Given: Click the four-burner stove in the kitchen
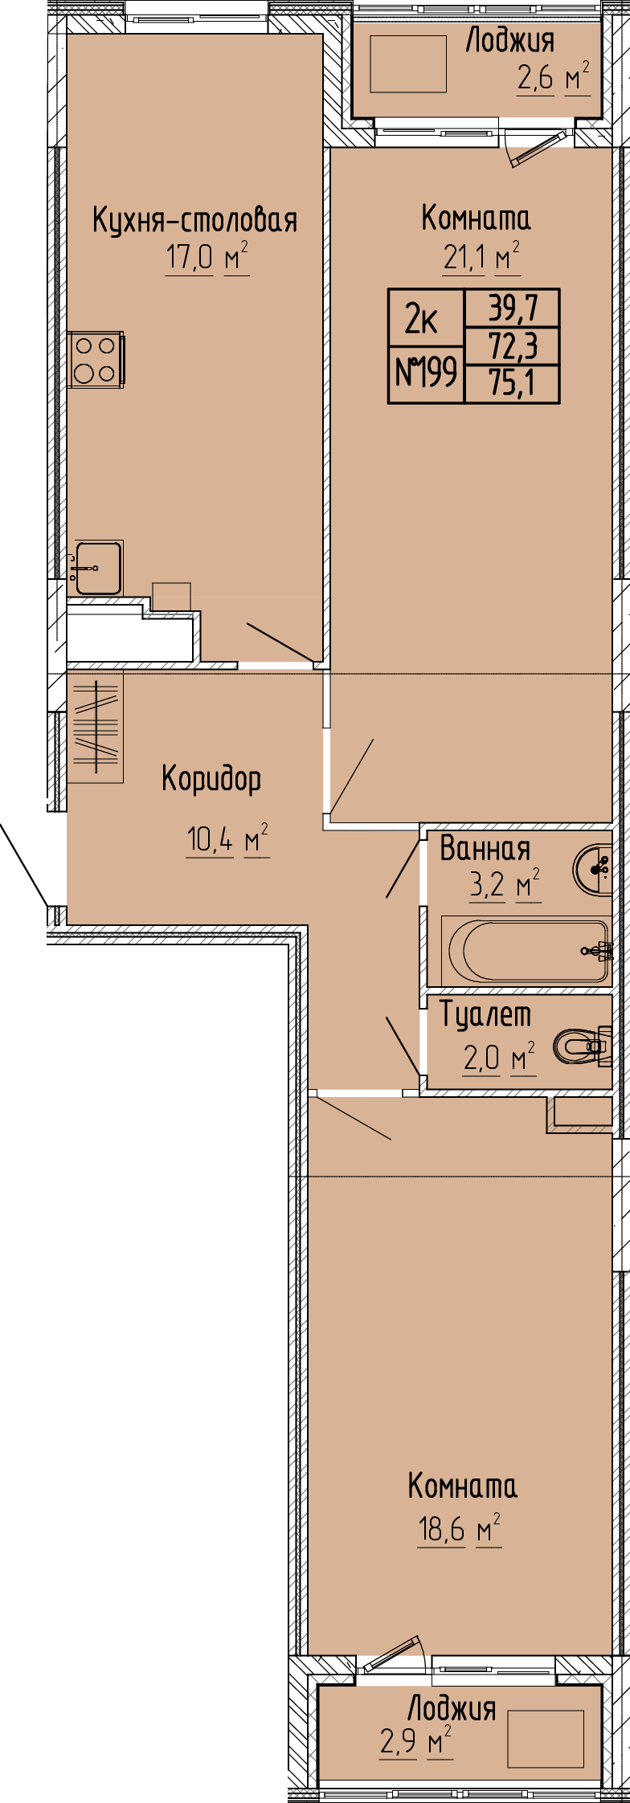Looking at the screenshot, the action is tap(96, 359).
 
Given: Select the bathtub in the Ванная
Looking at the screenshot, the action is tap(528, 950).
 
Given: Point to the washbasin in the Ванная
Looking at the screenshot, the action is tap(594, 867).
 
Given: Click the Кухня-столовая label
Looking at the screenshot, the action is tap(194, 220).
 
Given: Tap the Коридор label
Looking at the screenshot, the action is tap(212, 778).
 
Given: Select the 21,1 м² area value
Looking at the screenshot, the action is tap(481, 258).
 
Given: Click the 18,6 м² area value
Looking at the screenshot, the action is tap(459, 1528).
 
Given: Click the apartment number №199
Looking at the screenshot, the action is tap(426, 373).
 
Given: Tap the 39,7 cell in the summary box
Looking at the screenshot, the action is tap(513, 307).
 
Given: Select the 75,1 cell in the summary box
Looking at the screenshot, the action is tap(513, 384).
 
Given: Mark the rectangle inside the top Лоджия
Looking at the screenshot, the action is tap(408, 64).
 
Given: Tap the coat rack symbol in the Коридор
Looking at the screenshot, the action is tap(96, 727).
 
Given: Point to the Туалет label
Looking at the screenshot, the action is tap(485, 1015).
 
